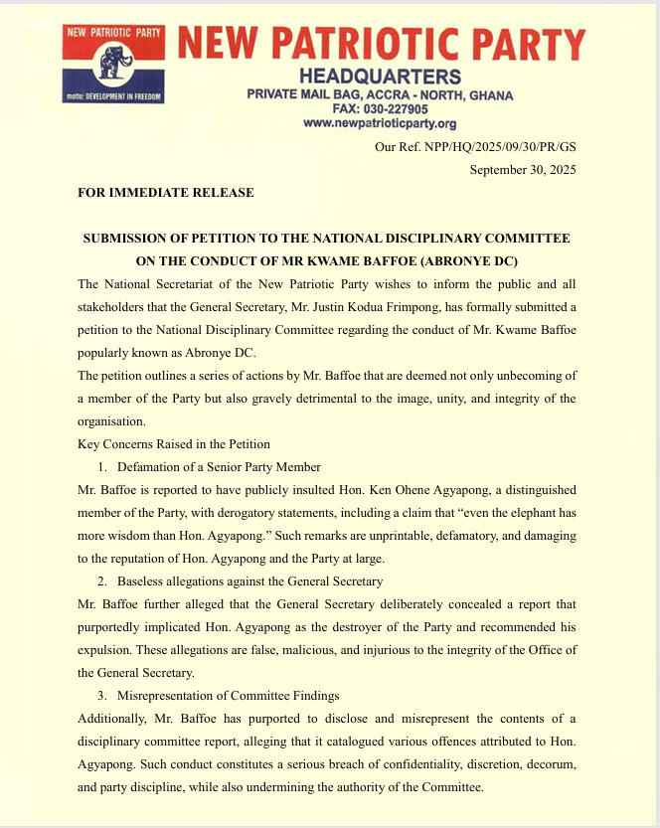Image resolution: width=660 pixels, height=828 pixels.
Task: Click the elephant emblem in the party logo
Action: coord(113,64)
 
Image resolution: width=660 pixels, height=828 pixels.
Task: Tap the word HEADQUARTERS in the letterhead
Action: coord(380,78)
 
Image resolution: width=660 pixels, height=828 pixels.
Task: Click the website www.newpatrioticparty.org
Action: coord(379,123)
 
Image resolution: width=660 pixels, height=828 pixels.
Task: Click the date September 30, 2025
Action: coord(522,170)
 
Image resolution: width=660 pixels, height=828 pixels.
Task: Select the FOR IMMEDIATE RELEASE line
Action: coord(166,193)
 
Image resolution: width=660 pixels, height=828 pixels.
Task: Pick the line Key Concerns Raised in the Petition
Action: coord(174,443)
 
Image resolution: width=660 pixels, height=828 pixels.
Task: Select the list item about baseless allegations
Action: coord(249,580)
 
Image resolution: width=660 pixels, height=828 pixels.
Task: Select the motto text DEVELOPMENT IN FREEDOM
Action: coord(117,97)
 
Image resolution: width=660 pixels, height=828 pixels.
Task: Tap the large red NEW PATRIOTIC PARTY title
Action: coord(381,44)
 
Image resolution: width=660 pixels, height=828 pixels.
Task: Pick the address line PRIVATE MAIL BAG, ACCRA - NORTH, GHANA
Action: coord(380,95)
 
